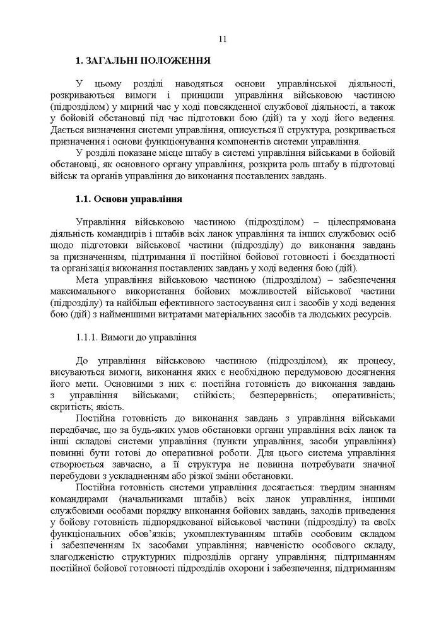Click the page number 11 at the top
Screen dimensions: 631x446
pos(223,39)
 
